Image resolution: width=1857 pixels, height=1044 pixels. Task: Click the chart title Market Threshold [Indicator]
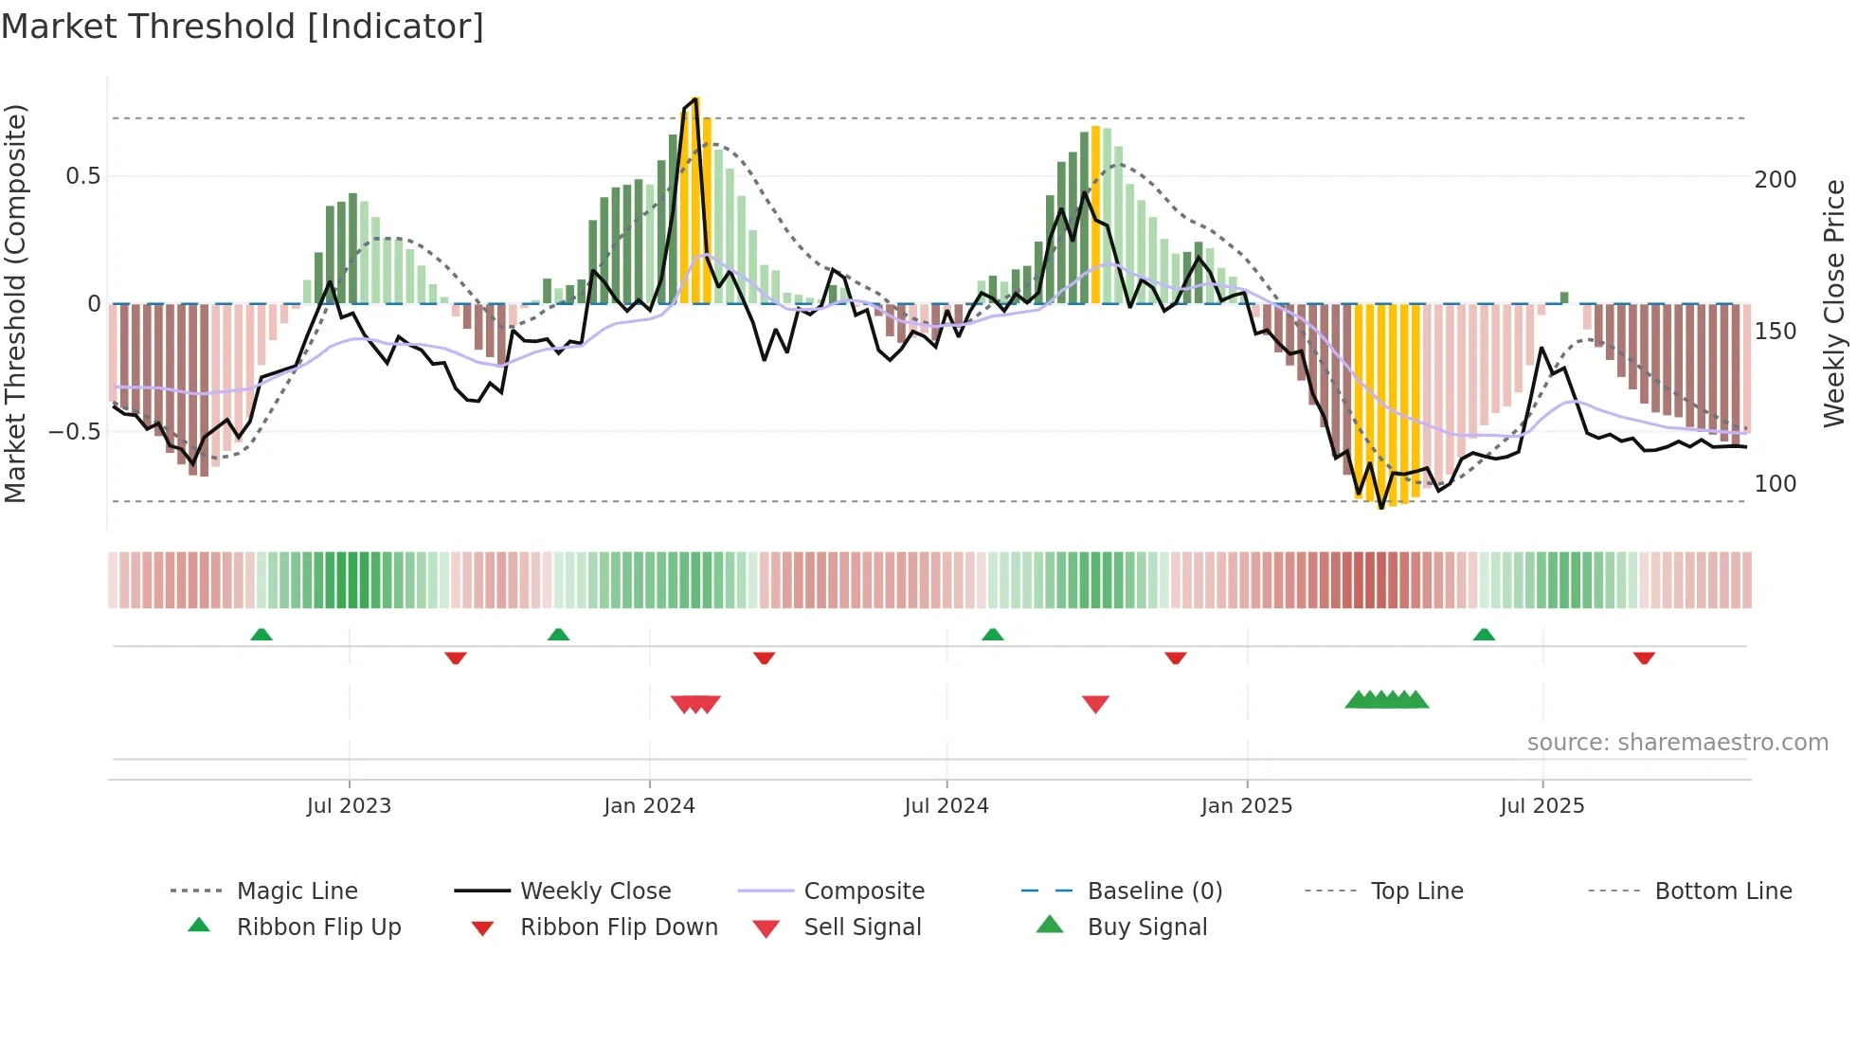click(243, 27)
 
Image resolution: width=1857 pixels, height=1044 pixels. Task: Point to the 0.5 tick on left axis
click(82, 176)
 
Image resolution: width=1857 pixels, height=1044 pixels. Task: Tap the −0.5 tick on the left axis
click(75, 432)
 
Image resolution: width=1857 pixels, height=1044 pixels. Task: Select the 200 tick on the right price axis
click(1775, 180)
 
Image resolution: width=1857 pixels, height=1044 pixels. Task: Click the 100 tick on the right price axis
click(1775, 484)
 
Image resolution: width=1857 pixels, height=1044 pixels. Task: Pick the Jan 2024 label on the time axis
click(649, 806)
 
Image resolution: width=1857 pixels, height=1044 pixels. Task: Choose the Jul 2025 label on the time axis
click(1541, 806)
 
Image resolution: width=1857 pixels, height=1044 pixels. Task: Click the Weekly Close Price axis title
click(1834, 303)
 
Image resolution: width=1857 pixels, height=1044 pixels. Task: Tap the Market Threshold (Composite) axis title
click(15, 303)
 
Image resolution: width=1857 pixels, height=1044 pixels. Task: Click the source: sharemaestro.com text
click(1677, 743)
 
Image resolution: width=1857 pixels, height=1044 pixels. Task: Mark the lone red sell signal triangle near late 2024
click(1095, 704)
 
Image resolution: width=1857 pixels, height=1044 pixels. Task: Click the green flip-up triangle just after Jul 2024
click(992, 635)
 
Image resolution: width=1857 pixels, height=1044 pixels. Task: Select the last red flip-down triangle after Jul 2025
click(1644, 657)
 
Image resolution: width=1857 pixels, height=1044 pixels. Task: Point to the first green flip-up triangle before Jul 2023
click(261, 635)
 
